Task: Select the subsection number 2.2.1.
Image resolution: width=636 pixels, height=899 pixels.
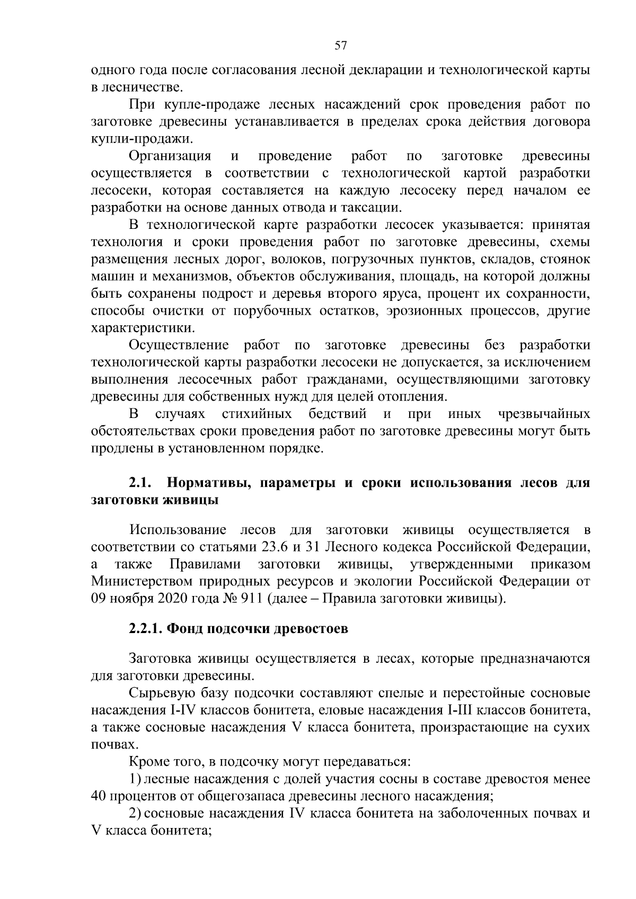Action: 146,629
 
